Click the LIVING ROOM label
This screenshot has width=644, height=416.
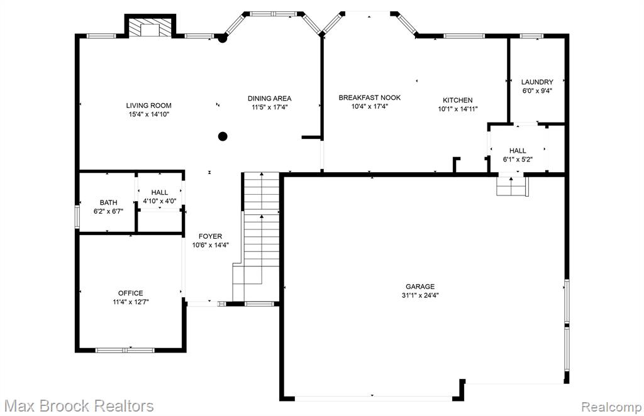[x=148, y=106]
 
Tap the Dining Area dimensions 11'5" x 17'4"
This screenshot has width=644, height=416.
[x=269, y=107]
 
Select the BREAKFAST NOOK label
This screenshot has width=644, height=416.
[x=370, y=97]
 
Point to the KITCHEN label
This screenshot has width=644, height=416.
[x=458, y=100]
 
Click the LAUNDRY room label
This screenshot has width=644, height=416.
[x=537, y=82]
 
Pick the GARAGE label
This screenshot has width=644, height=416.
[x=420, y=287]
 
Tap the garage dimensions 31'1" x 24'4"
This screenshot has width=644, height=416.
[x=420, y=295]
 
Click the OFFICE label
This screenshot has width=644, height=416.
[x=131, y=293]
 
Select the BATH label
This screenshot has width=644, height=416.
[x=108, y=203]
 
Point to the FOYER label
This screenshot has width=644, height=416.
[x=210, y=236]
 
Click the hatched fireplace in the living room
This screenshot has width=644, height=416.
[x=150, y=27]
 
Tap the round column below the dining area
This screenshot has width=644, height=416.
[x=223, y=136]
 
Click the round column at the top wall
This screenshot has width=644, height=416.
[x=222, y=38]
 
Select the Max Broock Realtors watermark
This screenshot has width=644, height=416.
[x=80, y=406]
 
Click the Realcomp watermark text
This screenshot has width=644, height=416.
[x=611, y=407]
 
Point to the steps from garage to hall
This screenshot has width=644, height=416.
[x=511, y=186]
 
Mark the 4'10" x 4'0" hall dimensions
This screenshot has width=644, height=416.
[x=159, y=202]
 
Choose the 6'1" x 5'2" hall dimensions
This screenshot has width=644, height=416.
[x=518, y=160]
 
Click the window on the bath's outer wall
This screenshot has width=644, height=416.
[x=77, y=216]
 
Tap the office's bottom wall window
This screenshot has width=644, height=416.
[x=125, y=351]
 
